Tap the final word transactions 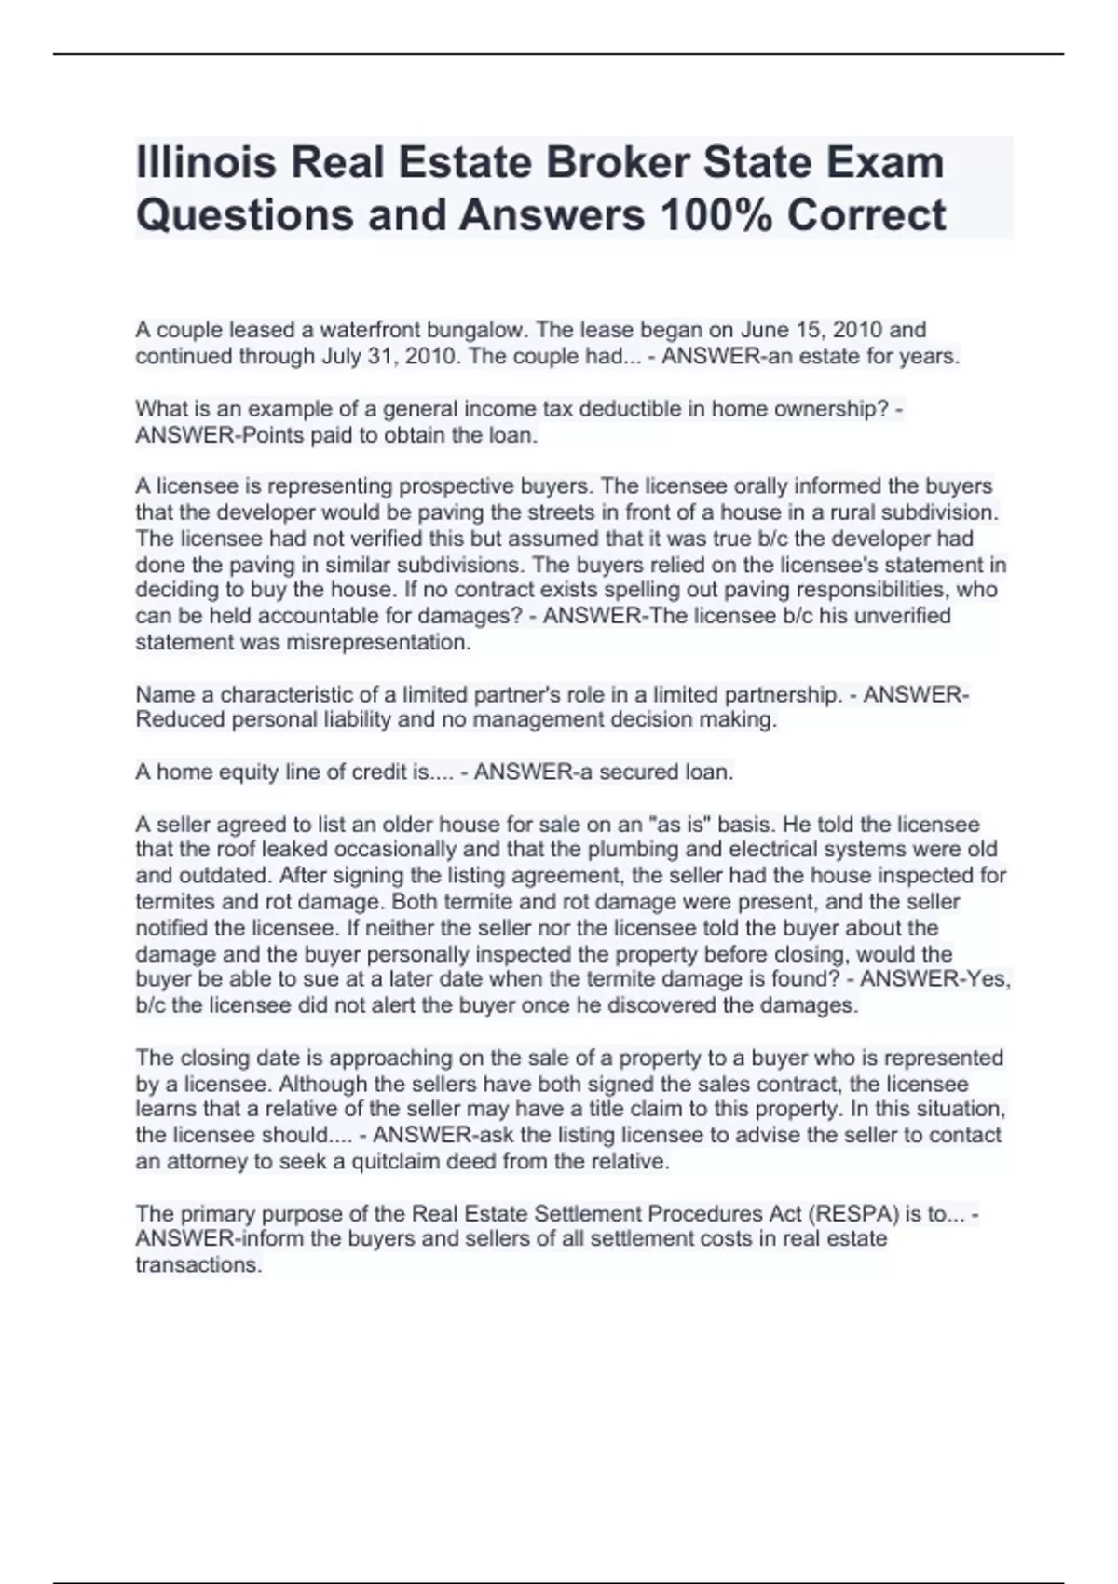[x=198, y=1265]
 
